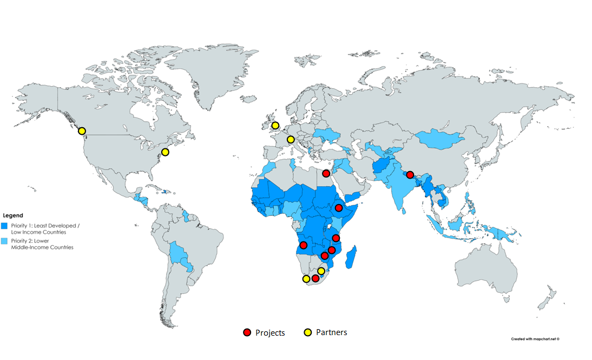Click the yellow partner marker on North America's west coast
tap(82, 131)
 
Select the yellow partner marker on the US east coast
tap(165, 152)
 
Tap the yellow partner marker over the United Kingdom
tap(275, 126)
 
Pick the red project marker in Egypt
tap(326, 173)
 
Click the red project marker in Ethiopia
tap(339, 208)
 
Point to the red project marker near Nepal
tap(410, 174)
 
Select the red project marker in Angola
tap(303, 245)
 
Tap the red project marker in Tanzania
tap(336, 238)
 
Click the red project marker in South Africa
tap(315, 278)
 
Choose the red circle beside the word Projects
tap(247, 332)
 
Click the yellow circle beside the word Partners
tap(307, 332)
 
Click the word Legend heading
tap(13, 215)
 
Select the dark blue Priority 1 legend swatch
tap(5, 225)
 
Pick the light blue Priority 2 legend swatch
tap(5, 240)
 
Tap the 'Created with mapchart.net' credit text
tap(535, 339)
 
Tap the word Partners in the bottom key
tap(331, 332)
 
